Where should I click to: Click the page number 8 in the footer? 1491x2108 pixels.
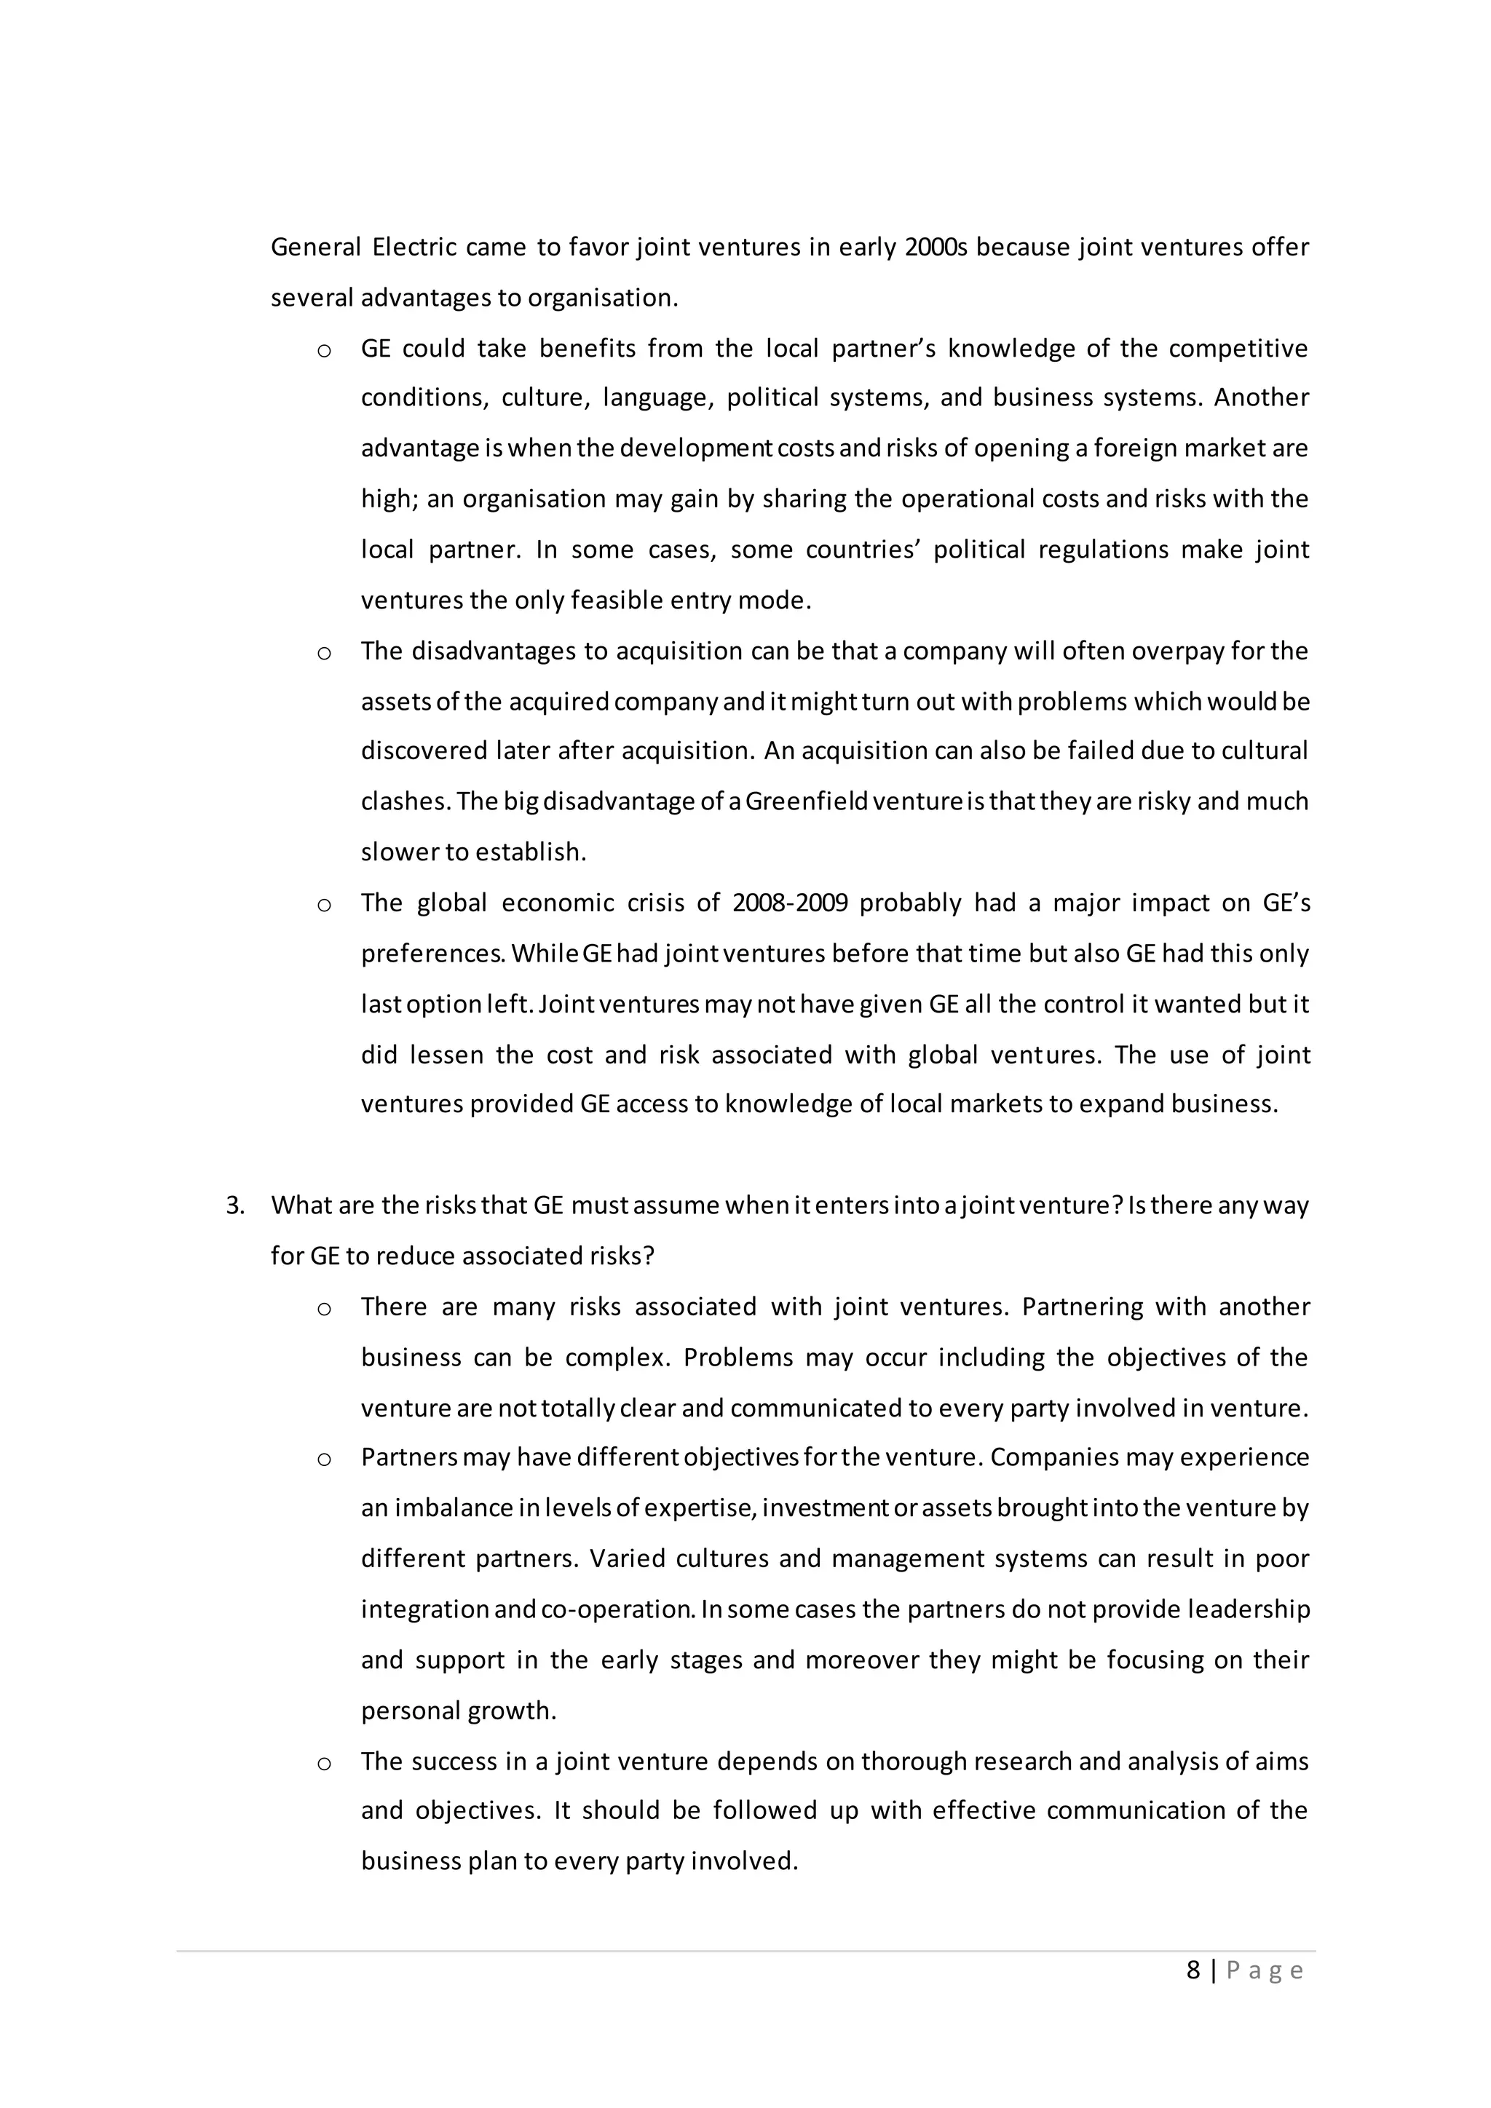click(x=1193, y=1970)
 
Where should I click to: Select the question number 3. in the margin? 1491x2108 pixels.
click(x=235, y=1205)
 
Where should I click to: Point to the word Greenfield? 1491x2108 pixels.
click(x=806, y=801)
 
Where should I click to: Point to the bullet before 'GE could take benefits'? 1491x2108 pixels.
click(x=323, y=350)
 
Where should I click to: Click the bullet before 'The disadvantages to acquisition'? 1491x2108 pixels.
click(x=323, y=653)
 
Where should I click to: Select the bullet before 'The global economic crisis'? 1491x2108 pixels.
click(x=323, y=904)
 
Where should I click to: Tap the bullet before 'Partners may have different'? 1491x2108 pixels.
click(x=323, y=1459)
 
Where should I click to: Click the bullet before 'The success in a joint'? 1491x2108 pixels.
click(x=323, y=1763)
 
